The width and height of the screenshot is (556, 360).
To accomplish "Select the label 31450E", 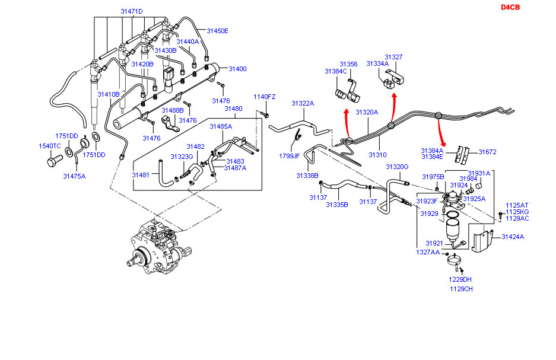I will coord(217,31).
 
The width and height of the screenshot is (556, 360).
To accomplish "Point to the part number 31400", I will coord(237,69).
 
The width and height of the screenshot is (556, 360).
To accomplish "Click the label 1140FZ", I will coord(265,97).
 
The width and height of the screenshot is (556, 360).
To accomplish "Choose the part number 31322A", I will coord(303,103).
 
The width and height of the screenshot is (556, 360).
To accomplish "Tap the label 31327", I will coord(393,57).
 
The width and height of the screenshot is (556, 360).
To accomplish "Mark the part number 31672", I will coord(487,152).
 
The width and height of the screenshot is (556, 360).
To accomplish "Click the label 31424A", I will coord(513,237).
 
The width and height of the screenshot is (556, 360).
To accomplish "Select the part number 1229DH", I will coord(460,279).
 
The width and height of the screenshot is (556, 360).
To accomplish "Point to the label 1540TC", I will coord(50,146).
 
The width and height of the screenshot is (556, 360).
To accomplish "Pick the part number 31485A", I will coord(221,126).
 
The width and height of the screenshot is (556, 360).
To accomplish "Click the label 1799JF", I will coord(290,156).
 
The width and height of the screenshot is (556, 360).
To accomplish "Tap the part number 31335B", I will coord(336,205).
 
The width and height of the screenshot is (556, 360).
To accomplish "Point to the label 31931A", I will coord(479,173).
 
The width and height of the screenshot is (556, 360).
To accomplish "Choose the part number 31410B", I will coord(109,94).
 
